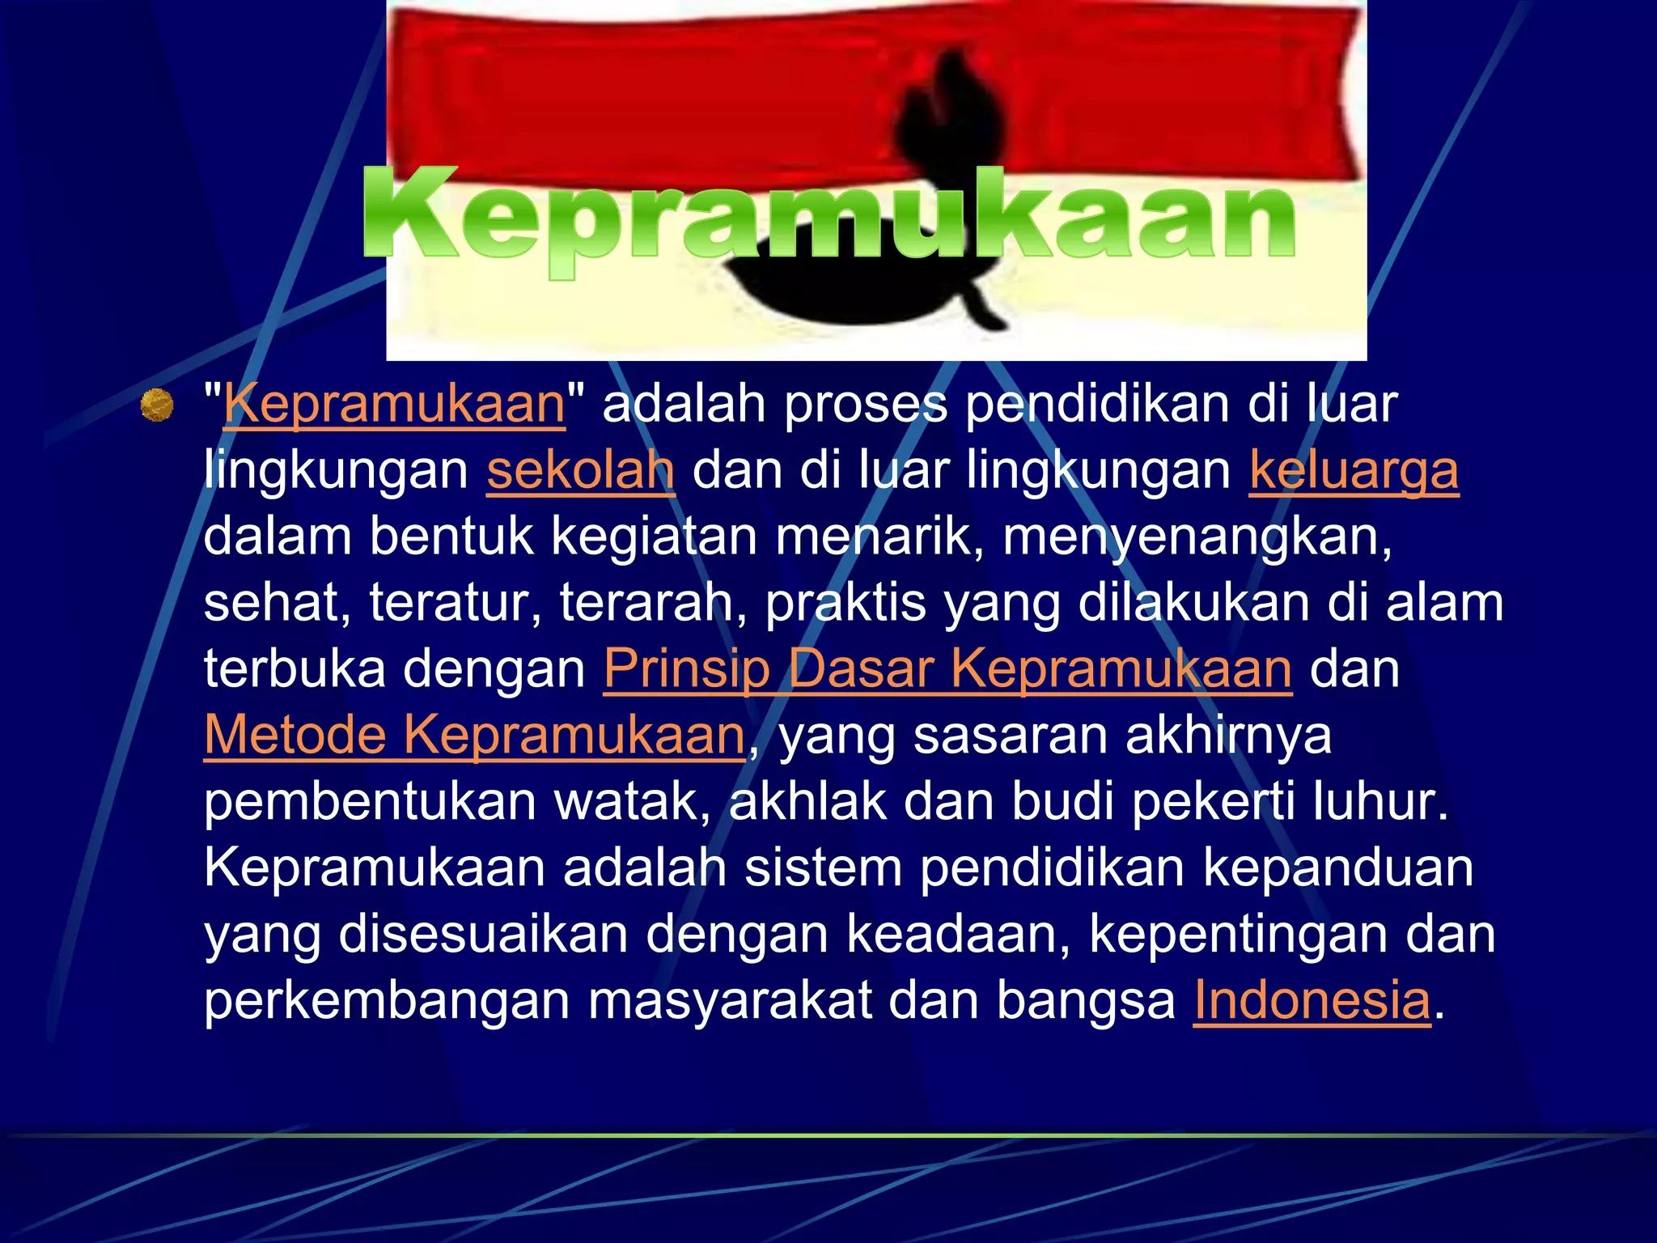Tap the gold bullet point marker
[x=157, y=405]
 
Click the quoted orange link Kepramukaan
[x=394, y=404]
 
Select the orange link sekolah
[x=580, y=470]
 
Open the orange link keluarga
[x=1354, y=470]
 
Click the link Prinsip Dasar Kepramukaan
[x=947, y=669]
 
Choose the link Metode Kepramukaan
[x=474, y=736]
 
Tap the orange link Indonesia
[x=1312, y=1000]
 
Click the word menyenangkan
[x=1197, y=537]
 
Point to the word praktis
[x=845, y=603]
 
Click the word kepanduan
[x=1338, y=868]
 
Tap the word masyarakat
[x=729, y=1000]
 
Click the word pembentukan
[x=369, y=802]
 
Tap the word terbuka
[x=295, y=669]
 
